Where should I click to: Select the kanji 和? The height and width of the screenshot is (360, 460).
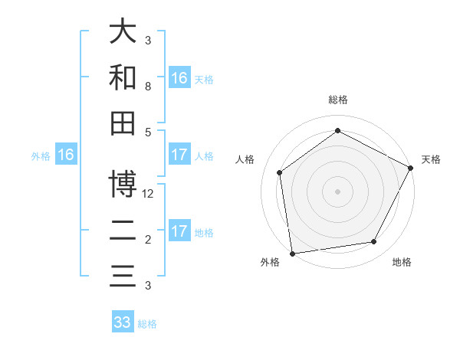pyautogui.click(x=123, y=77)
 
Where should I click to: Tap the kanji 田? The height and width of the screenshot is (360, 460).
pyautogui.click(x=123, y=123)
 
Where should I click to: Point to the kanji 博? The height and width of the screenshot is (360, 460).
pyautogui.click(x=123, y=184)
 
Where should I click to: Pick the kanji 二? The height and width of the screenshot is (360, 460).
pyautogui.click(x=123, y=230)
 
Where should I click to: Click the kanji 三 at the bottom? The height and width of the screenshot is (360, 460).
pyautogui.click(x=123, y=276)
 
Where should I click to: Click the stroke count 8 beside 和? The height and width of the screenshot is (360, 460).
pyautogui.click(x=148, y=87)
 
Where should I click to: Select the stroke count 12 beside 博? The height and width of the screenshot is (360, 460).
pyautogui.click(x=149, y=194)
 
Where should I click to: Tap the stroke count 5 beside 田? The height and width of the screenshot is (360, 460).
pyautogui.click(x=148, y=133)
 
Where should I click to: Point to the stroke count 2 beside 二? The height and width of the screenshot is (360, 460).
pyautogui.click(x=148, y=240)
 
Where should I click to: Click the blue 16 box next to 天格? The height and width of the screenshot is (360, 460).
pyautogui.click(x=179, y=78)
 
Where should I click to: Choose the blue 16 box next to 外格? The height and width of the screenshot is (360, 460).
pyautogui.click(x=66, y=155)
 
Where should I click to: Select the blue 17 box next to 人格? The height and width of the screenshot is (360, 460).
pyautogui.click(x=179, y=155)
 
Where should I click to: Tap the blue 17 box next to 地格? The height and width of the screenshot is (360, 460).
pyautogui.click(x=179, y=231)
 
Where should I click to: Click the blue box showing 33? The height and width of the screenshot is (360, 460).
pyautogui.click(x=123, y=322)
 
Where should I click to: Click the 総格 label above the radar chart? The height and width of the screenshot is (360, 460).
pyautogui.click(x=337, y=100)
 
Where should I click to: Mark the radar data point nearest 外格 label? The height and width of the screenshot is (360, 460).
pyautogui.click(x=292, y=253)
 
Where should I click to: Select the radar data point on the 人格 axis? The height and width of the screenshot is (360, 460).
pyautogui.click(x=280, y=172)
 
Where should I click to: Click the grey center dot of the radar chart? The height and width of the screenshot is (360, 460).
pyautogui.click(x=337, y=191)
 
